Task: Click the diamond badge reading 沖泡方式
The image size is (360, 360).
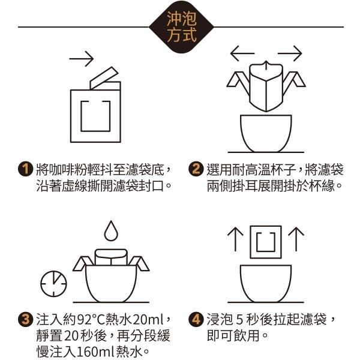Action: (181, 27)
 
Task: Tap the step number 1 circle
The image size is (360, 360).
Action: (26, 169)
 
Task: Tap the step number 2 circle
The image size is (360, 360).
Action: (196, 169)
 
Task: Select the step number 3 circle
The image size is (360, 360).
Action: (26, 319)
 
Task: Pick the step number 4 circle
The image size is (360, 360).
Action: (196, 319)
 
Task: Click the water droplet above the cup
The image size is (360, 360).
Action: (111, 231)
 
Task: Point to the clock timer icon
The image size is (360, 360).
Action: (54, 284)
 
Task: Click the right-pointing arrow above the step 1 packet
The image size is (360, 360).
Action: (81, 59)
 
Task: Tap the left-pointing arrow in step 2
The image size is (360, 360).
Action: (242, 53)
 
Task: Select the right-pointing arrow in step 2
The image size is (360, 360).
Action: (290, 53)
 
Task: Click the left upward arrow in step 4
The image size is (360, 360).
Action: (235, 239)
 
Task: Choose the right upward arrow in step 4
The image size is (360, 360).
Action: (296, 239)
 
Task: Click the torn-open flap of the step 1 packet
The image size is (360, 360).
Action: (104, 78)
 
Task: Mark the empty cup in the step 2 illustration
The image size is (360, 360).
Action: (266, 133)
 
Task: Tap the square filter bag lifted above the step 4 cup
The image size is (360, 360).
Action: (266, 242)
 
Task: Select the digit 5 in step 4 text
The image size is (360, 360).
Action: (239, 320)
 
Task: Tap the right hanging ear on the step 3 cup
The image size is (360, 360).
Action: (140, 263)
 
